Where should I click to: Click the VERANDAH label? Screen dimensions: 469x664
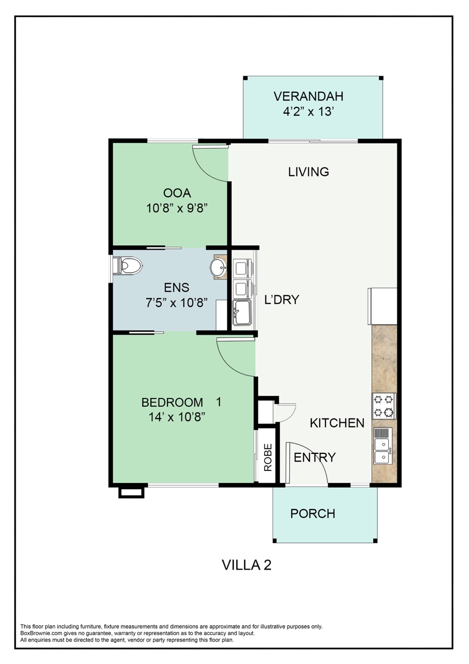click(x=308, y=96)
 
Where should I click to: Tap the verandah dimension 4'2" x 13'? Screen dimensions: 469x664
click(x=308, y=112)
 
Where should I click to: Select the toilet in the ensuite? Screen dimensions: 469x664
click(x=129, y=267)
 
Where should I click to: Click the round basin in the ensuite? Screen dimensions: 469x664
click(x=218, y=268)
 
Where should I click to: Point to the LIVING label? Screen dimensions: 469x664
click(x=308, y=172)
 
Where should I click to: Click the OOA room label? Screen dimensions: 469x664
click(x=177, y=193)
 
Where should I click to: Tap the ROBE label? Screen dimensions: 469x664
click(x=268, y=457)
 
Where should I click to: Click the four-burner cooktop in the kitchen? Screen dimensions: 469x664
click(x=384, y=406)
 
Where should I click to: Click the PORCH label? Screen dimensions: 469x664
click(x=312, y=514)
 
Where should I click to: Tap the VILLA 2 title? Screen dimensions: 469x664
click(x=247, y=564)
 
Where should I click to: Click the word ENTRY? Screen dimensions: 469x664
click(x=315, y=457)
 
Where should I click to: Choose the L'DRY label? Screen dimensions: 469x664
click(x=281, y=300)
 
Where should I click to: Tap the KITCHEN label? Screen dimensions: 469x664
click(x=337, y=423)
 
